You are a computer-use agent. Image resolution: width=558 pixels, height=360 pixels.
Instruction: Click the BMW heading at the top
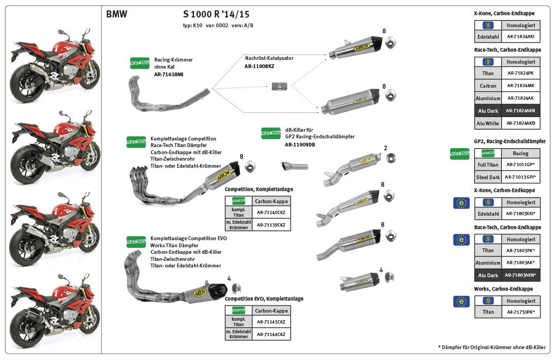point(117,15)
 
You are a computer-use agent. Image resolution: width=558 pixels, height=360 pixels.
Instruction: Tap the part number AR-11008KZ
point(259,66)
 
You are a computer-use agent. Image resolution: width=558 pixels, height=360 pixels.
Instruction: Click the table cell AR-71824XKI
point(520,37)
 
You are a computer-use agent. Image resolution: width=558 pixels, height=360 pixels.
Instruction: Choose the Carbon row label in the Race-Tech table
point(488,86)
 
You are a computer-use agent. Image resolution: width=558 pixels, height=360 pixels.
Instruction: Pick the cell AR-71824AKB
point(520,124)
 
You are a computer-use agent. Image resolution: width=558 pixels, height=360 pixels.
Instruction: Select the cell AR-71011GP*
point(520,164)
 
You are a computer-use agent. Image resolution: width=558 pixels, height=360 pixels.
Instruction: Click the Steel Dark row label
point(488,177)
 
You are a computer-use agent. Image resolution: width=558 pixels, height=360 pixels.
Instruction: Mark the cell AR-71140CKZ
point(271,212)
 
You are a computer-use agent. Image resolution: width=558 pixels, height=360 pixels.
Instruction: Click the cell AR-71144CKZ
point(271,334)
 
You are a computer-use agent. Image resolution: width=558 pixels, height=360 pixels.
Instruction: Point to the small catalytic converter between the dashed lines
point(279,86)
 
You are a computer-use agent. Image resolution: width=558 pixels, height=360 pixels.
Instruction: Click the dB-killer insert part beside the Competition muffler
point(295,166)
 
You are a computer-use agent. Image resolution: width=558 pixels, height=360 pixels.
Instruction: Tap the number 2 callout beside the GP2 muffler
point(385,148)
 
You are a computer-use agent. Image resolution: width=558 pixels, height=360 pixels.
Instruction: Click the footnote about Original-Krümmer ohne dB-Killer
point(492,347)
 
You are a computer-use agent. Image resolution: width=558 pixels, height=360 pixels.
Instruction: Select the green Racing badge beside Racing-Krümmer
point(139,63)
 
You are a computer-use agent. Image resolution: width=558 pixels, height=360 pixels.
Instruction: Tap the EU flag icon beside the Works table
point(462,301)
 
